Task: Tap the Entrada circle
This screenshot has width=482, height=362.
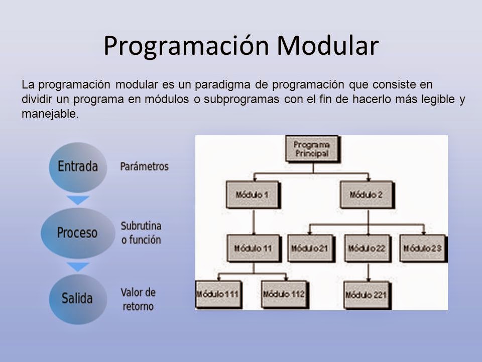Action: point(78,167)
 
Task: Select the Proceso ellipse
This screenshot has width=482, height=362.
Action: point(78,233)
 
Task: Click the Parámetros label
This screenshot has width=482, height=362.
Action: point(144,166)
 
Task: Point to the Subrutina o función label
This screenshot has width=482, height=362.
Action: point(141,233)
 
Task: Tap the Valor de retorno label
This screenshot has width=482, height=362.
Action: point(138,299)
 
